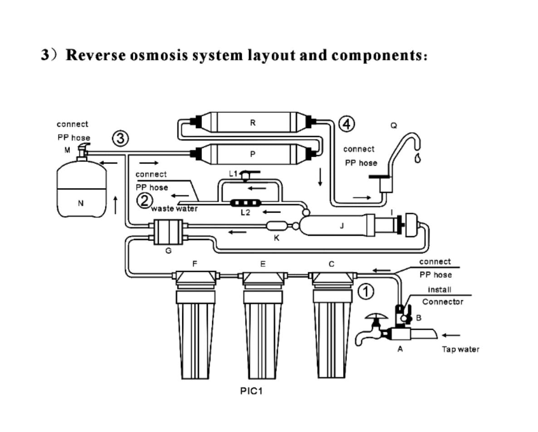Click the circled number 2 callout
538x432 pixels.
coord(144,200)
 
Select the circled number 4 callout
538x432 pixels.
coord(347,124)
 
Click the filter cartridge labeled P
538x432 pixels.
coord(252,154)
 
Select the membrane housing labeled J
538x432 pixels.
coord(336,225)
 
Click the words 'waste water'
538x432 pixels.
coord(174,209)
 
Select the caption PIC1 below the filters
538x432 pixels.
coord(251,391)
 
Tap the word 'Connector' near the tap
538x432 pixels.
coord(443,302)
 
